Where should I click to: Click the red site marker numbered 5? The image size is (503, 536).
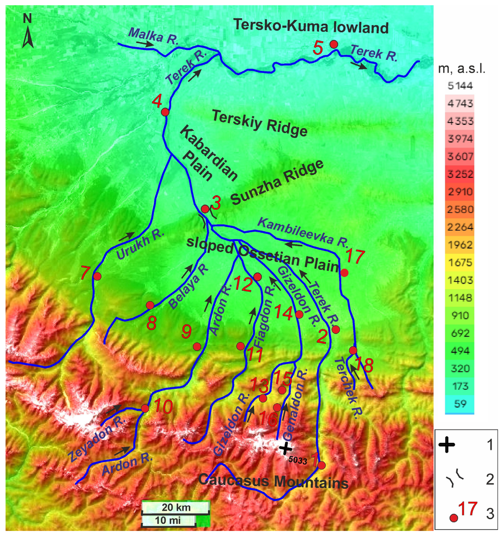334,44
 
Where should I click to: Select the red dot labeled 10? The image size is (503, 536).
145,408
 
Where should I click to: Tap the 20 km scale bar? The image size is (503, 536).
176,507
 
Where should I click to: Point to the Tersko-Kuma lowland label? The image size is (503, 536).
311,27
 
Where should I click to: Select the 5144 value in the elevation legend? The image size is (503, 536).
460,86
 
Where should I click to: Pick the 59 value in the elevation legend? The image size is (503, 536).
460,404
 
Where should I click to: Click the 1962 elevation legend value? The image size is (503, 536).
460,245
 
